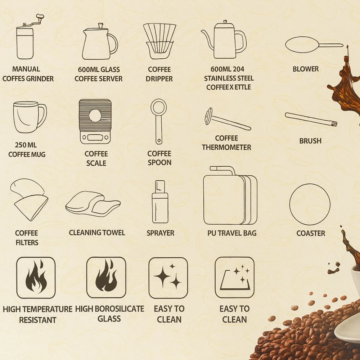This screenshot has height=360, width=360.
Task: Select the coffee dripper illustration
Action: [x=159, y=41]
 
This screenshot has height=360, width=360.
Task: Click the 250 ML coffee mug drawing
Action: [x=30, y=117]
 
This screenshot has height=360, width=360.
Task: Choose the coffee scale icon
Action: [x=95, y=122]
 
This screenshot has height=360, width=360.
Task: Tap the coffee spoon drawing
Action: [x=158, y=122]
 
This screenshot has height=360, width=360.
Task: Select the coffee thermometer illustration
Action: [x=227, y=120]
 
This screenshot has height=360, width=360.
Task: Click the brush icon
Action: [x=311, y=120]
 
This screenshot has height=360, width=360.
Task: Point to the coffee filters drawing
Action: [x=29, y=200]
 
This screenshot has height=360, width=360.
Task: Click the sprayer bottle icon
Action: [x=160, y=202]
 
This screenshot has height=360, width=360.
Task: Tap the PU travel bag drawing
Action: [x=230, y=195]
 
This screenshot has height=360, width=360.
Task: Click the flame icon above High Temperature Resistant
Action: [x=36, y=278]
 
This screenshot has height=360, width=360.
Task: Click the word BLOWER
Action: [x=306, y=69]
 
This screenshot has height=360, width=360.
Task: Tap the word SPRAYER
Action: [x=161, y=233]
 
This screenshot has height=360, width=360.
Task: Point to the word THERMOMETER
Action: [x=226, y=147]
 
